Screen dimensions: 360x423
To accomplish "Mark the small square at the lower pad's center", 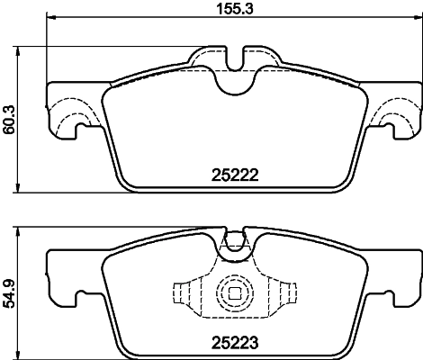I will (234, 293).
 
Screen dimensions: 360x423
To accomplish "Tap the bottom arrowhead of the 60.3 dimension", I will (21, 191).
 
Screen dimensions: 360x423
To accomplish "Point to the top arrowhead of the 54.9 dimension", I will (21, 231).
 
